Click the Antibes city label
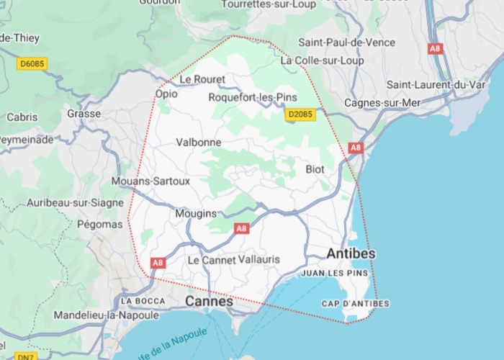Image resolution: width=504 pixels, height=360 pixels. tap(351, 254)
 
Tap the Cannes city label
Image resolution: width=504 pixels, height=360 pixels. tap(210, 302)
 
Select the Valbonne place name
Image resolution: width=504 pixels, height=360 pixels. tap(199, 143)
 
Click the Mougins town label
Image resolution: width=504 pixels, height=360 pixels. tap(196, 214)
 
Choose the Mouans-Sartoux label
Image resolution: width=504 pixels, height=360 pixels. tap(150, 181)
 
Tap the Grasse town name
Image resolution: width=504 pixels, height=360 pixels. tap(84, 114)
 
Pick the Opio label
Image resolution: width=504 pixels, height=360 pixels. tap(166, 94)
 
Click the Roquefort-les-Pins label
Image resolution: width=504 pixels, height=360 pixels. tap(252, 97)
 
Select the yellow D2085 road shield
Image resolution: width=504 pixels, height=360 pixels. tap(300, 114)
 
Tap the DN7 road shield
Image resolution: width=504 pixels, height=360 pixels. tap(25, 356)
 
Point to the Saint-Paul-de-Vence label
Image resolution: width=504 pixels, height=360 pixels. tap(347, 42)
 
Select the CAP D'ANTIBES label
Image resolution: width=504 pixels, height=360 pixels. tap(356, 304)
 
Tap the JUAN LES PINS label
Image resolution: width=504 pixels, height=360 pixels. tap(334, 274)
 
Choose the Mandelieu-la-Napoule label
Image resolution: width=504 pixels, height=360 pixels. tap(106, 315)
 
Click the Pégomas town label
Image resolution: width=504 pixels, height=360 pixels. tap(100, 225)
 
